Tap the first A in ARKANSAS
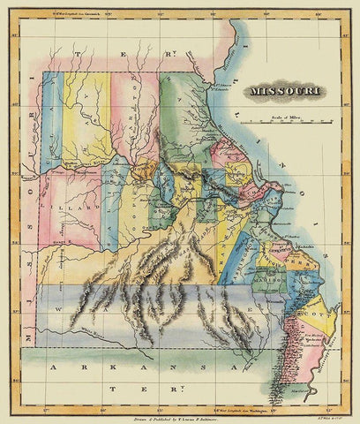(56, 365)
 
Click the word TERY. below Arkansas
(176, 388)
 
